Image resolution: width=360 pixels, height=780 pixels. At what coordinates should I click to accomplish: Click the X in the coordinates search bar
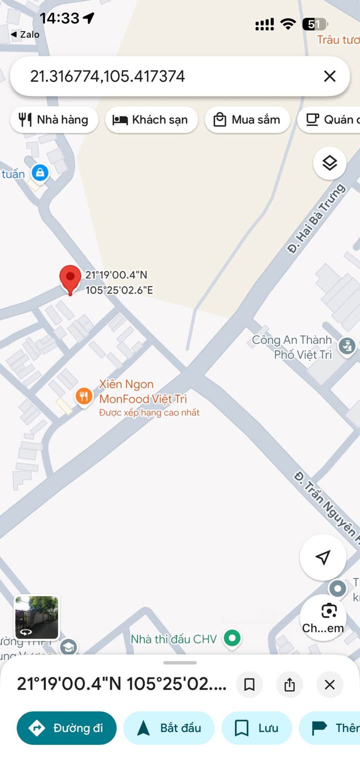[329, 76]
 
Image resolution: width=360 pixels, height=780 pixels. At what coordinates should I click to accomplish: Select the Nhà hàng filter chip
[54, 120]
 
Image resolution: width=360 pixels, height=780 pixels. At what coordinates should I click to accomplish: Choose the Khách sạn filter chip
[151, 120]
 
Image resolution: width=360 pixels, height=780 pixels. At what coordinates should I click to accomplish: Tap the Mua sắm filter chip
[247, 120]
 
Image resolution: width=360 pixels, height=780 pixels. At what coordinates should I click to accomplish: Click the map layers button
[329, 163]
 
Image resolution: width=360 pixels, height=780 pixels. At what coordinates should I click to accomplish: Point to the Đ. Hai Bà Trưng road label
[317, 218]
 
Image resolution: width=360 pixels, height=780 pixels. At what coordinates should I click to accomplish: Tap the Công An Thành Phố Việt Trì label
[292, 347]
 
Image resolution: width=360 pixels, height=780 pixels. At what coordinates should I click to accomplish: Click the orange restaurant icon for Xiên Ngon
[83, 397]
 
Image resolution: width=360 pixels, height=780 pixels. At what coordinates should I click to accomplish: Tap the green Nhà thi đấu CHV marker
[232, 638]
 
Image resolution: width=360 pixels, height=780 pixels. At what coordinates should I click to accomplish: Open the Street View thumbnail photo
[36, 617]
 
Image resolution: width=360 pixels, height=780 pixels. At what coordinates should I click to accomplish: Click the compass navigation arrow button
[323, 557]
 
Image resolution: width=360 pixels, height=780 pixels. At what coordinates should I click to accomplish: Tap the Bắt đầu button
[169, 728]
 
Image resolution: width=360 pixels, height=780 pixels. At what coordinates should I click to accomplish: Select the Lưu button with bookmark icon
[256, 728]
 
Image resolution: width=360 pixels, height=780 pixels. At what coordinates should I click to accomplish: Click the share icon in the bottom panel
[289, 684]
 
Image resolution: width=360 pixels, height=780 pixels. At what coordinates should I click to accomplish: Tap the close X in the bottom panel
[329, 684]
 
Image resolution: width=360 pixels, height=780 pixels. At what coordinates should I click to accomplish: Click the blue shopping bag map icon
[40, 173]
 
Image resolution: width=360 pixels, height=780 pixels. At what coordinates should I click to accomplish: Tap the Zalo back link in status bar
[25, 34]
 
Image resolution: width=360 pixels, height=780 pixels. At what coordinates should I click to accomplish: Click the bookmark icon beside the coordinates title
[249, 684]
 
